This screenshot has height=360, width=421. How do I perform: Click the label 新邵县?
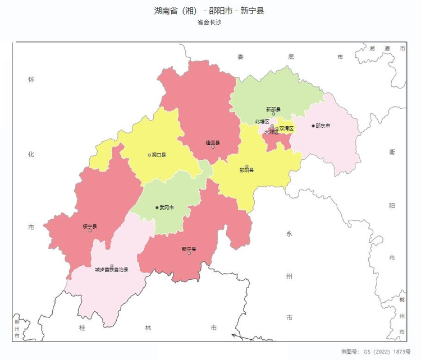pos(273,109)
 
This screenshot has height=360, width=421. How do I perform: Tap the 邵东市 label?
pos(323,126)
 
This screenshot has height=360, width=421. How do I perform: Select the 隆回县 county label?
pos(213,143)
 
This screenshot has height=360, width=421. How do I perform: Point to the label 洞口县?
pos(159,155)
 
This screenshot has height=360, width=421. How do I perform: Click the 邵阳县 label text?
pos(246,170)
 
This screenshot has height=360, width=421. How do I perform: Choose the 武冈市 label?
pos(167,207)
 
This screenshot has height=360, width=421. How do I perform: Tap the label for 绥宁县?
pos(90,227)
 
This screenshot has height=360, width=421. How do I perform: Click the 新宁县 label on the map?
pos(189,249)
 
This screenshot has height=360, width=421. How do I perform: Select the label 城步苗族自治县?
pos(112,270)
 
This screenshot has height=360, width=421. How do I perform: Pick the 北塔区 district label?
pos(262,121)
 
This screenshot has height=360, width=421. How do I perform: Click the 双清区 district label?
pos(286,128)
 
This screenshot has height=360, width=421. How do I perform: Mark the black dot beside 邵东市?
pos(313,126)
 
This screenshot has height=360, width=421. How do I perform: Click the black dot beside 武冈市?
pos(157,207)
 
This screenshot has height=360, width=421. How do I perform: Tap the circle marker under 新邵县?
pos(274,114)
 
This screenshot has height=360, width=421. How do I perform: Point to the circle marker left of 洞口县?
pos(149,155)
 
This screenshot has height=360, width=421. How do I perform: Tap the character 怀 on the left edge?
pos(31,80)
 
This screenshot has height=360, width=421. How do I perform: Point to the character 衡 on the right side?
pos(392,151)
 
